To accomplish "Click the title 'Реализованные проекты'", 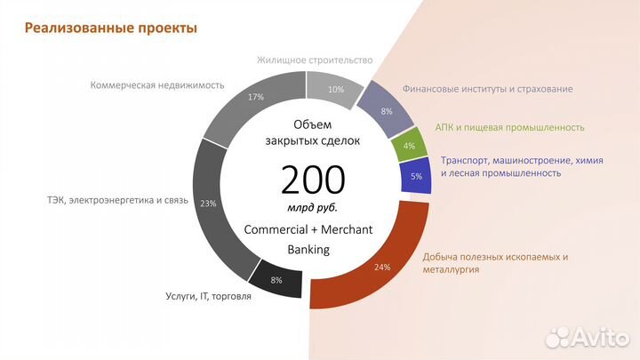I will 111,28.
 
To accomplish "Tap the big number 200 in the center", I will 313,180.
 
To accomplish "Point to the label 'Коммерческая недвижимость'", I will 157,85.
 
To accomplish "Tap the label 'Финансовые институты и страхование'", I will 487,89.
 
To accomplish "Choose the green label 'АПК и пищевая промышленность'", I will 509,127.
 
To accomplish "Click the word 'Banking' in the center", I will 308,250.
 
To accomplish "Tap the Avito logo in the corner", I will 586,335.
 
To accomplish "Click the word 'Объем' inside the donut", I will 310,124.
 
